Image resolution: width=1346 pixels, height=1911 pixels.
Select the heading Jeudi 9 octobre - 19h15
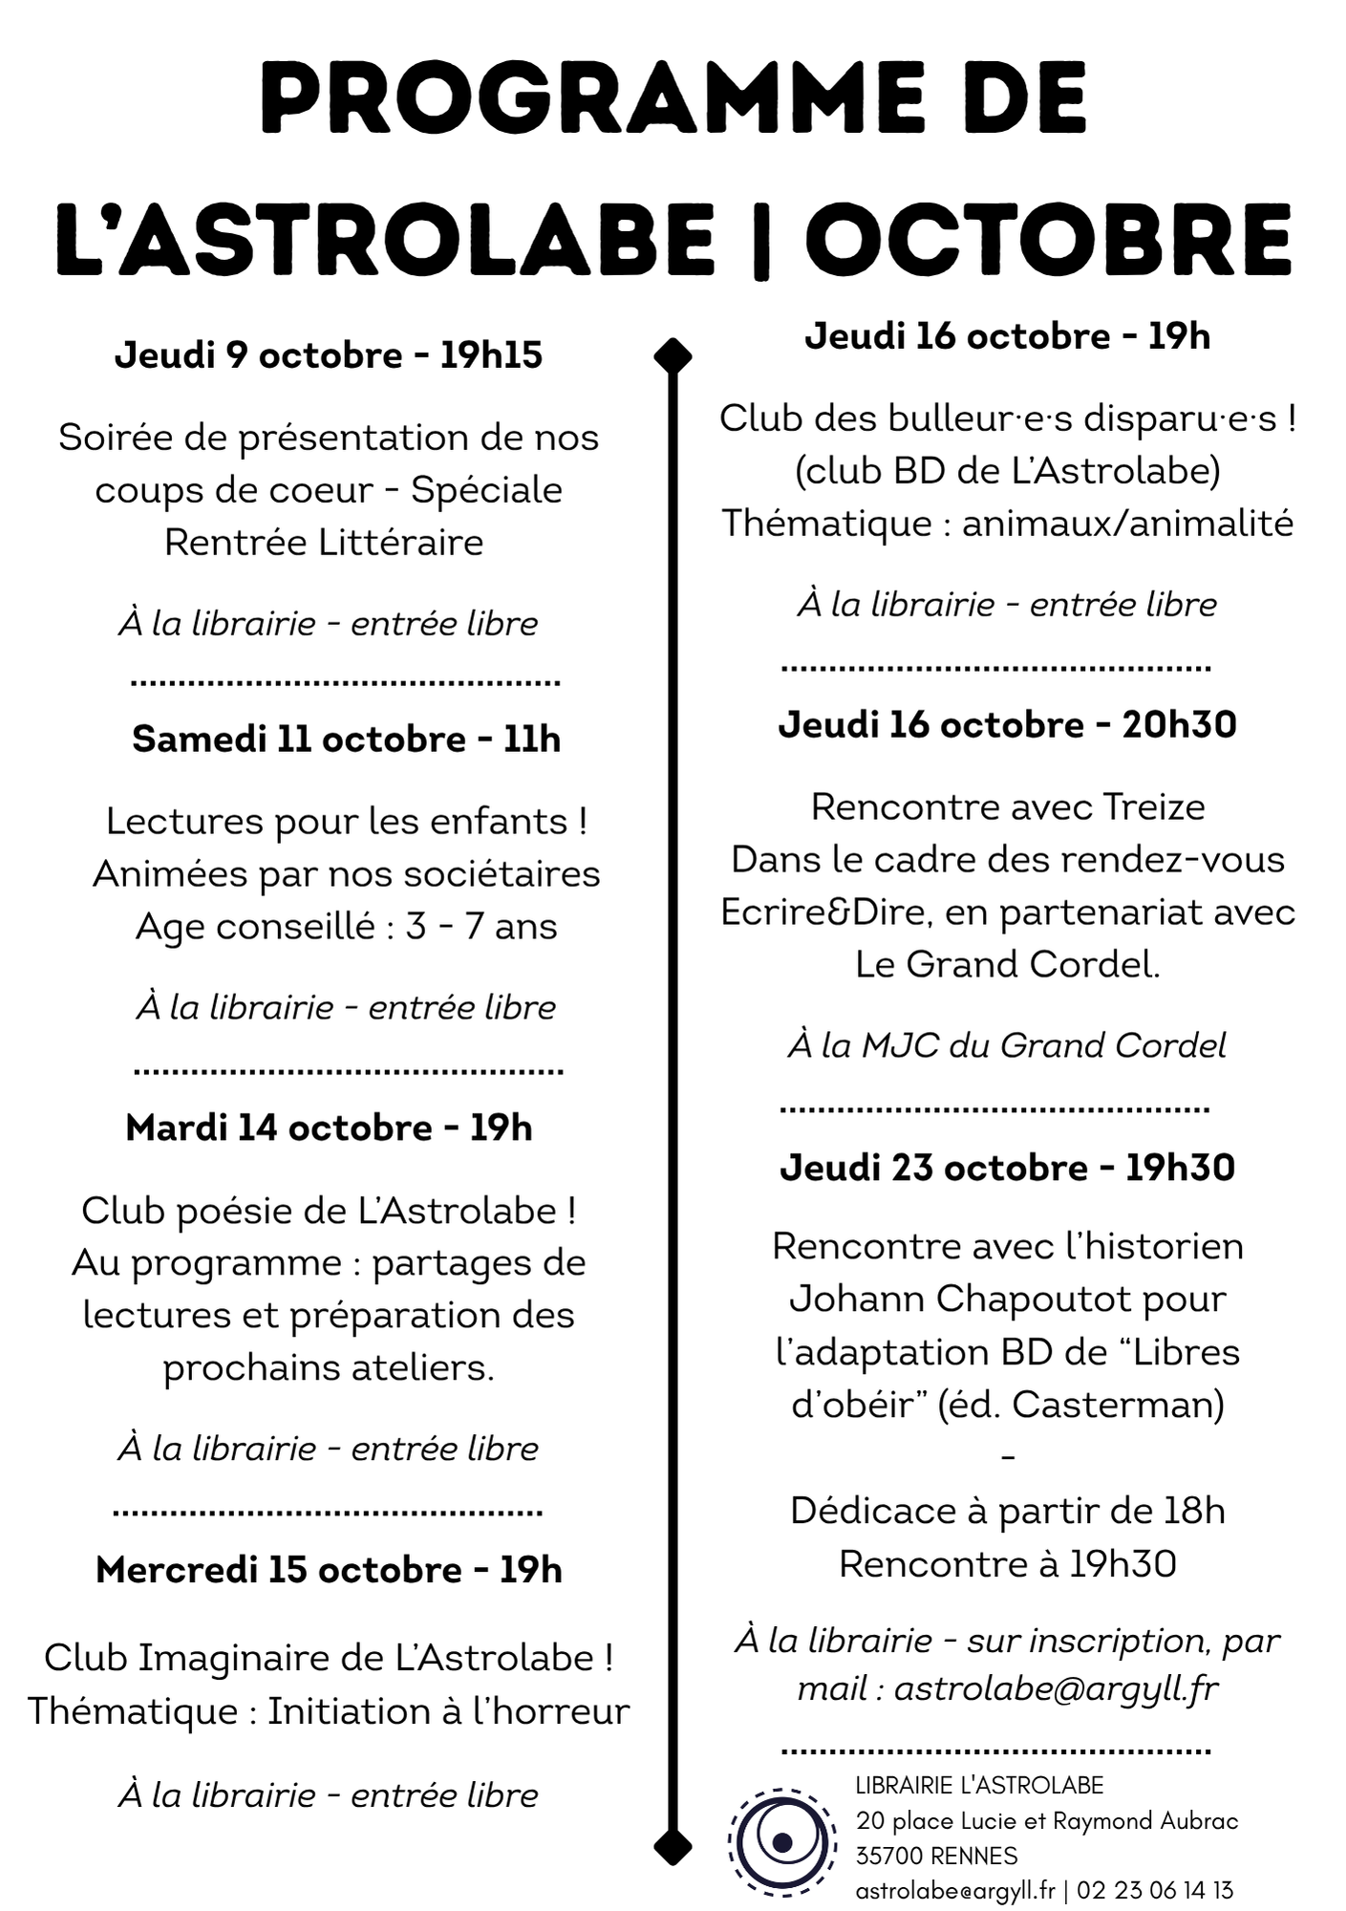329,355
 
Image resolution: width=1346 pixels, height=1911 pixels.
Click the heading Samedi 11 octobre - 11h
346,740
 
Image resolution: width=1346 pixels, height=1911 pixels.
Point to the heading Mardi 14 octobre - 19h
329,1128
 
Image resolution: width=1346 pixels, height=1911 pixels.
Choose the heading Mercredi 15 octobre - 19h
329,1570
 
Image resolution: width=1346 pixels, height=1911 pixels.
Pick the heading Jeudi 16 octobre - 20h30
1007,724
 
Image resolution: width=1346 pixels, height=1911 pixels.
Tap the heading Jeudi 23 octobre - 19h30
1007,1168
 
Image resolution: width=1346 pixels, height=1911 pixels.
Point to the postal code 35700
889,1856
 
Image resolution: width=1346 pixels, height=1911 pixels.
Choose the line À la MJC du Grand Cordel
1007,1045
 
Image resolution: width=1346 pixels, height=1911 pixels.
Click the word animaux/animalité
1127,524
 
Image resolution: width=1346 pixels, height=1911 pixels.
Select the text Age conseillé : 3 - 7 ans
346,927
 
